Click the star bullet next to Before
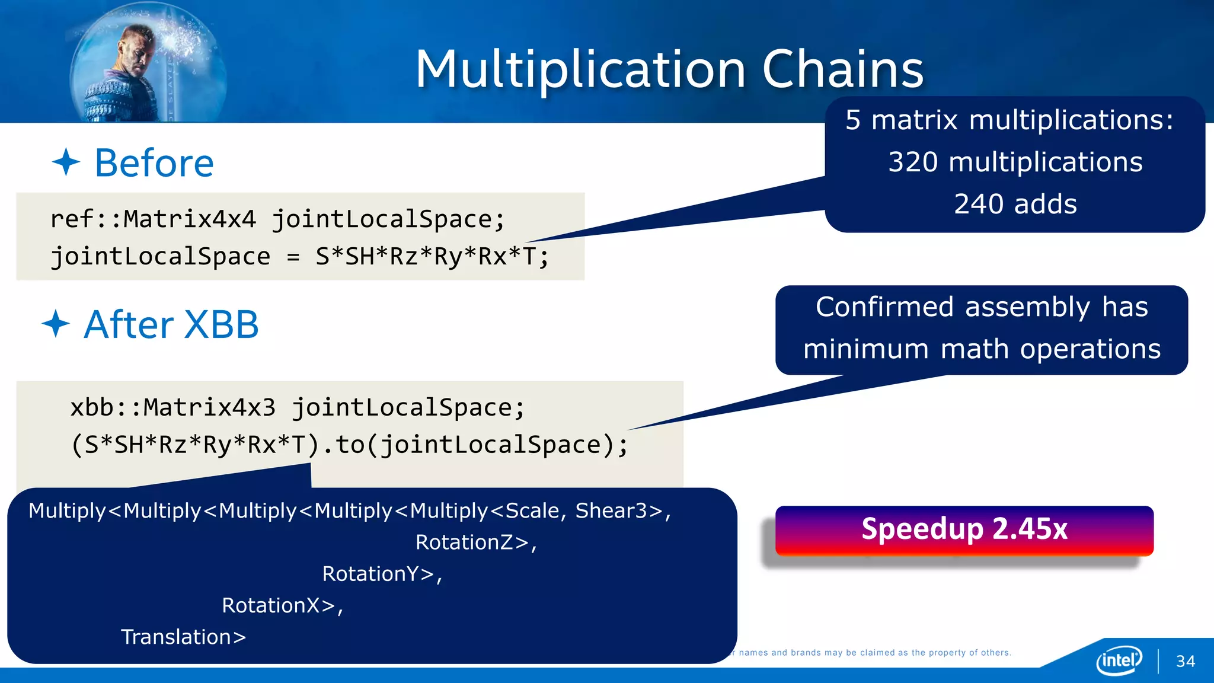pos(66,162)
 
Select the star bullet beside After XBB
pos(56,324)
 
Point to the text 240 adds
pos(1015,204)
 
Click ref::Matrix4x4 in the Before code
pos(153,219)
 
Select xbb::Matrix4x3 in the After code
pos(172,408)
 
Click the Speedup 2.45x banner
pos(964,529)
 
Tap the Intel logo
pos(1119,660)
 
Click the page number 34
pos(1186,662)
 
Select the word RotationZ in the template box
pos(464,542)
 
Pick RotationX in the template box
pos(271,605)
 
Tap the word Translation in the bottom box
pos(176,637)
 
